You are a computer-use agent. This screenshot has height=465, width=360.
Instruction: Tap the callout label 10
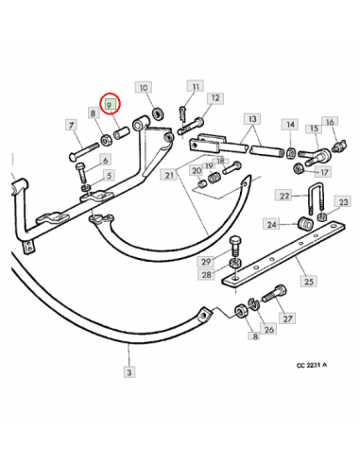tap(144, 88)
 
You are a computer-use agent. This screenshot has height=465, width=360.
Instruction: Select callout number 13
tap(252, 119)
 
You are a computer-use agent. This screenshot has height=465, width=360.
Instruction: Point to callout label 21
tap(169, 175)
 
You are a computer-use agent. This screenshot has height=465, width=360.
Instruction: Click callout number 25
tap(309, 281)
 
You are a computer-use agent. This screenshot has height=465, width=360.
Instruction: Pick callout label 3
tap(129, 371)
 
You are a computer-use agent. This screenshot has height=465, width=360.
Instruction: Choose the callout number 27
tap(287, 319)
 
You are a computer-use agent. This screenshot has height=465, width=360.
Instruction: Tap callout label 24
tap(271, 225)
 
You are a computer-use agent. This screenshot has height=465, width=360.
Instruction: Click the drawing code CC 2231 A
tap(312, 366)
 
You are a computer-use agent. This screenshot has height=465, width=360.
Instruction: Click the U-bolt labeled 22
tap(315, 197)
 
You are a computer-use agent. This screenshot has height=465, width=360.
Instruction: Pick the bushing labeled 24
tap(305, 224)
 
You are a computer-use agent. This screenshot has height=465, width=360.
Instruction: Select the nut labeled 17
tap(298, 168)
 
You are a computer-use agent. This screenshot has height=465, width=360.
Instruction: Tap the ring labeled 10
tap(158, 112)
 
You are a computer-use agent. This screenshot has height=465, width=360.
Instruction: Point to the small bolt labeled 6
tap(81, 173)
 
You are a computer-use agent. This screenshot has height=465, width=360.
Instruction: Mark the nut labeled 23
tap(321, 216)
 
